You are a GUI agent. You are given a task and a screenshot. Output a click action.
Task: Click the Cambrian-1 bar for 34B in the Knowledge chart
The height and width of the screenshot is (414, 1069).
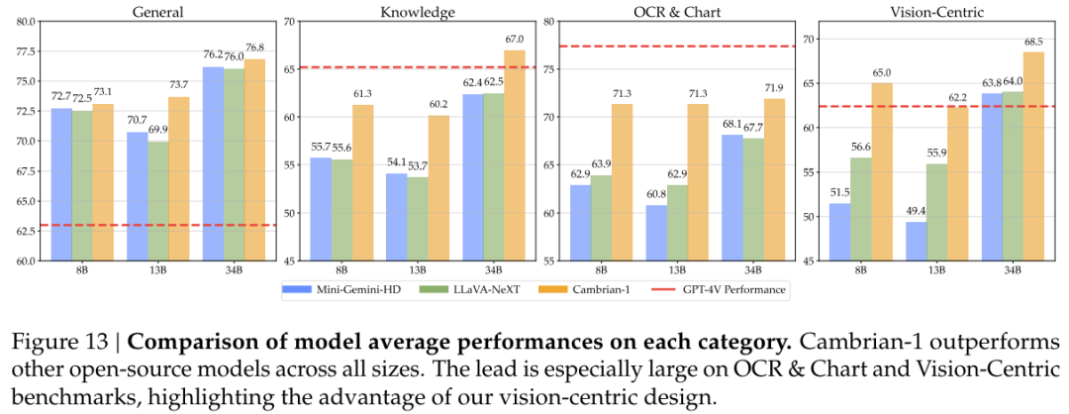[514, 155]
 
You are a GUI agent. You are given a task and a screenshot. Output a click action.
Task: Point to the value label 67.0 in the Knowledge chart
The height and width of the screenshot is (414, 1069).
[514, 41]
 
